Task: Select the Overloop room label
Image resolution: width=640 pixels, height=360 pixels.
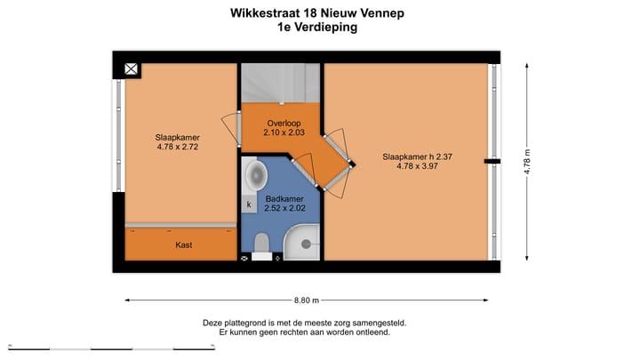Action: pyautogui.click(x=284, y=124)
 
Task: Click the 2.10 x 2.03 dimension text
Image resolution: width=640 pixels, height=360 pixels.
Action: pyautogui.click(x=284, y=133)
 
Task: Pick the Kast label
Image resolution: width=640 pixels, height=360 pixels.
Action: pyautogui.click(x=184, y=244)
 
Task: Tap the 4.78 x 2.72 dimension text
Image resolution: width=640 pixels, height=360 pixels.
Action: pyautogui.click(x=178, y=148)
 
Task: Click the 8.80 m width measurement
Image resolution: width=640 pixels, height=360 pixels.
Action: pyautogui.click(x=307, y=300)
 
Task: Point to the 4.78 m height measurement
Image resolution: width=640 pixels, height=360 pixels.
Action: pyautogui.click(x=526, y=163)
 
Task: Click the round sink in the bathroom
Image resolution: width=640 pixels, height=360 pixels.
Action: pyautogui.click(x=255, y=172)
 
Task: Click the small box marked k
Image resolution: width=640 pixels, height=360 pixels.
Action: pyautogui.click(x=249, y=205)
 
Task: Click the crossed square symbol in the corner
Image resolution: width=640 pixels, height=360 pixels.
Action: pyautogui.click(x=131, y=69)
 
